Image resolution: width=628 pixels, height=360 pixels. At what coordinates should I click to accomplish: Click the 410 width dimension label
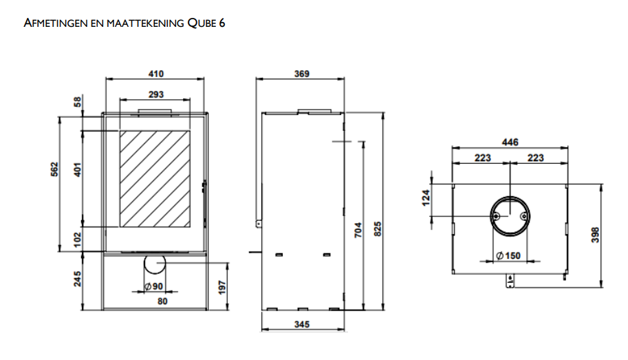(156, 74)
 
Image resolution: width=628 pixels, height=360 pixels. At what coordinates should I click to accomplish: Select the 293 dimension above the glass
(156, 94)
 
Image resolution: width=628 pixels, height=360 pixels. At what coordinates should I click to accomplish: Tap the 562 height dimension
(54, 169)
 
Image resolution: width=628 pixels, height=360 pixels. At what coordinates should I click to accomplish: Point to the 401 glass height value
(78, 169)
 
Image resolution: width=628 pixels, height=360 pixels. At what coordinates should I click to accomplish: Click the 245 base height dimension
(77, 279)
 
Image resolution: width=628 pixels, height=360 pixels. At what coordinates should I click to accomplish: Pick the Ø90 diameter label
(153, 286)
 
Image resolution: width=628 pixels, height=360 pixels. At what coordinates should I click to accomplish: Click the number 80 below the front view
(162, 301)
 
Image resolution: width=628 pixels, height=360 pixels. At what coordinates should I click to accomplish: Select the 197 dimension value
(223, 288)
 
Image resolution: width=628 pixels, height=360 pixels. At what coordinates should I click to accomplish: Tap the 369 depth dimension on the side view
(301, 74)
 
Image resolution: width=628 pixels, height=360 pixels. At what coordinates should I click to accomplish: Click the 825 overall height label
(377, 229)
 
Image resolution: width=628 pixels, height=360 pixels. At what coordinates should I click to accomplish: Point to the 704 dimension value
(358, 230)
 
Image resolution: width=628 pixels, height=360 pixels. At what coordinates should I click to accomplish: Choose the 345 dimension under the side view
(301, 324)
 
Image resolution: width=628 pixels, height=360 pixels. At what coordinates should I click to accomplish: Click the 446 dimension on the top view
(510, 142)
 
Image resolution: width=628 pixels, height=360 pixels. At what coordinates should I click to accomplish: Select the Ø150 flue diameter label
(508, 255)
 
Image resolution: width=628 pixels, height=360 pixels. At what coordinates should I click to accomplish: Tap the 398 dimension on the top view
(595, 235)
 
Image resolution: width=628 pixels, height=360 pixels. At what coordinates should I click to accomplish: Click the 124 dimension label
(426, 198)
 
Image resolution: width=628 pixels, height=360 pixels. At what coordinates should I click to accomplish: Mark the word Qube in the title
(202, 23)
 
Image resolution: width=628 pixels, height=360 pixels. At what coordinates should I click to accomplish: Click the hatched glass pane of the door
(155, 179)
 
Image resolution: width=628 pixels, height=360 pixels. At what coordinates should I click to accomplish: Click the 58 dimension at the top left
(77, 102)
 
